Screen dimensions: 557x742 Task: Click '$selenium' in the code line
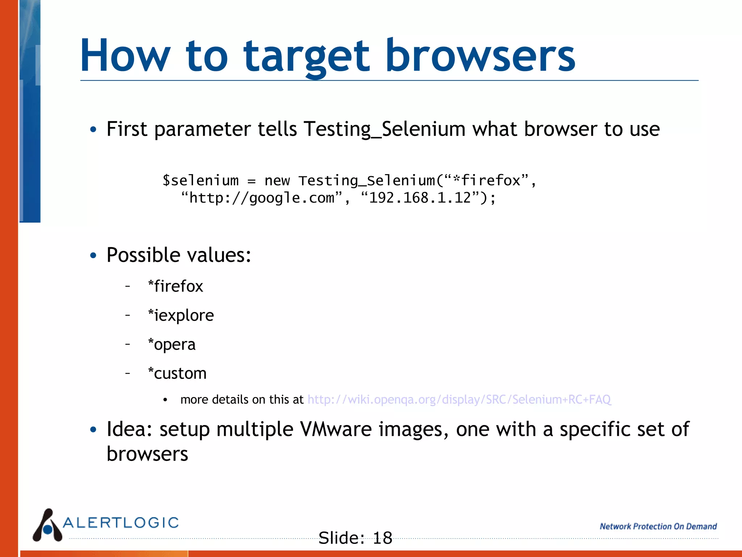pyautogui.click(x=200, y=180)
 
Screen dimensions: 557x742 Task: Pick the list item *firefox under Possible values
pyautogui.click(x=176, y=286)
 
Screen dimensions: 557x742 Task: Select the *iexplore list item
pyautogui.click(x=181, y=315)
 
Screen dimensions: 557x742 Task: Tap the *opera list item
pyautogui.click(x=172, y=344)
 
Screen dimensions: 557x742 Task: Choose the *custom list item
pyautogui.click(x=177, y=373)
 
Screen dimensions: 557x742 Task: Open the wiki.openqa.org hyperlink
pyautogui.click(x=459, y=399)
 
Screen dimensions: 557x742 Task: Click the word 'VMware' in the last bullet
pyautogui.click(x=335, y=429)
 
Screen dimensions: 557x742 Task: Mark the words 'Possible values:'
pyautogui.click(x=179, y=255)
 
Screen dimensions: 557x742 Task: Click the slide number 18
pyautogui.click(x=382, y=538)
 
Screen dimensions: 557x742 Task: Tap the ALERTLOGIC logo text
pyautogui.click(x=121, y=523)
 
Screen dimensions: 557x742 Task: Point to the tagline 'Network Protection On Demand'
pyautogui.click(x=658, y=526)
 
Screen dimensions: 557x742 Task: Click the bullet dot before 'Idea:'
pyautogui.click(x=93, y=430)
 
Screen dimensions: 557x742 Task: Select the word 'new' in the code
pyautogui.click(x=277, y=180)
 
